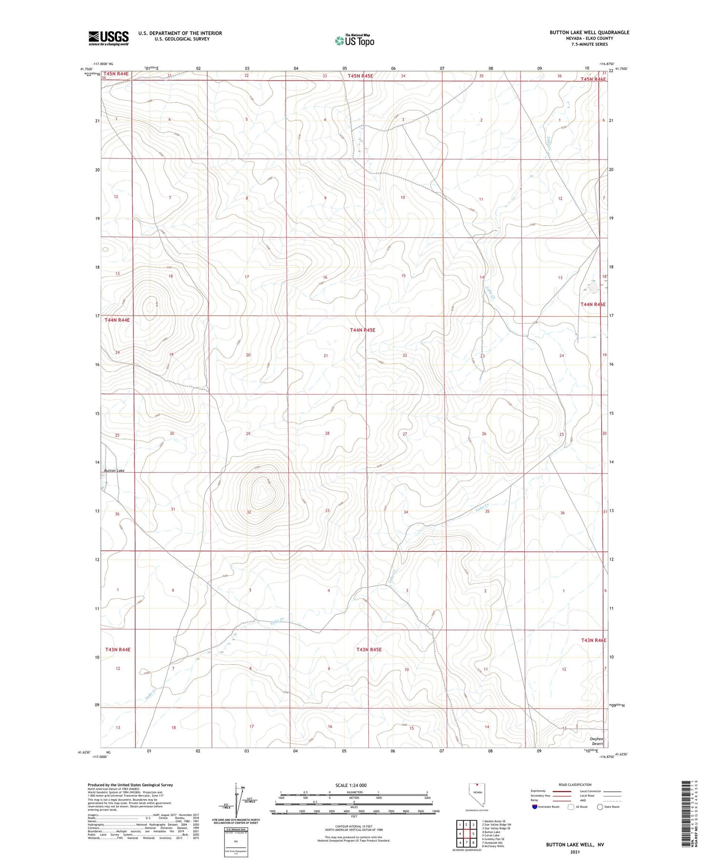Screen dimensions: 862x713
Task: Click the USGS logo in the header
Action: coord(108,38)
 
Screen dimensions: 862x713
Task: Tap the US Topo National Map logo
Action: coord(354,40)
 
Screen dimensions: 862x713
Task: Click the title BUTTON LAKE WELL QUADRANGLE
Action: coord(589,32)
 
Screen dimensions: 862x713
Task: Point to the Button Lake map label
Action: coord(114,470)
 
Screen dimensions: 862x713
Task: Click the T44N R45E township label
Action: coord(362,329)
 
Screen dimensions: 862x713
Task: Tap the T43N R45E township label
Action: coord(369,649)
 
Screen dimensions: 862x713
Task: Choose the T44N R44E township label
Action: coord(117,320)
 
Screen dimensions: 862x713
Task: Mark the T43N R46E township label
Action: coord(593,640)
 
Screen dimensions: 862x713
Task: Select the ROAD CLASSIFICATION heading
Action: coord(575,785)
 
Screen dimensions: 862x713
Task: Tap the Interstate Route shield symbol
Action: coord(535,807)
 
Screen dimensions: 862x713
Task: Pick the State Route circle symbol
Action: coord(600,807)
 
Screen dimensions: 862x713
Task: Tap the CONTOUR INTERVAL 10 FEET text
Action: coord(354,826)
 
